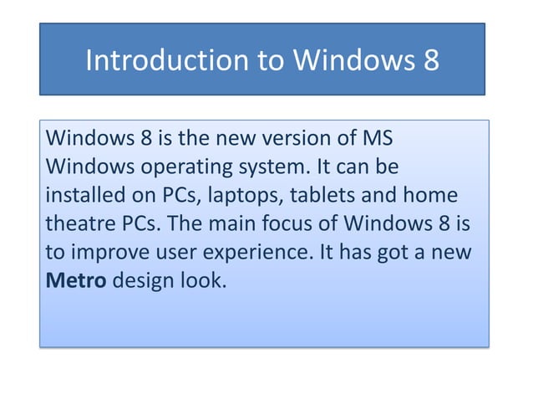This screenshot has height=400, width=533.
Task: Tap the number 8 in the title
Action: (x=429, y=61)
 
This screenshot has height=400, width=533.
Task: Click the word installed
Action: (x=77, y=195)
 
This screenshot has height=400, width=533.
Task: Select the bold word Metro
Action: (x=75, y=280)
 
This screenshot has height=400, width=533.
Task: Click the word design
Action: (x=144, y=280)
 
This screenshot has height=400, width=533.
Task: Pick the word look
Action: (x=203, y=280)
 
